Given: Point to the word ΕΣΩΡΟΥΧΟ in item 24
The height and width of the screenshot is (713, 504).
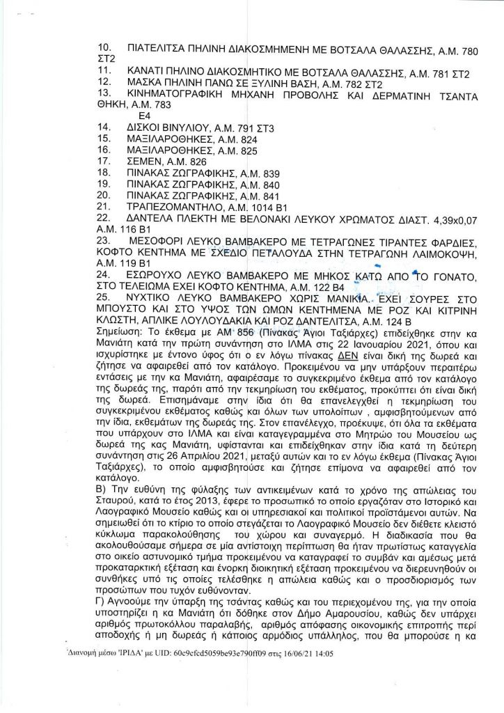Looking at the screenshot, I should tap(161, 277).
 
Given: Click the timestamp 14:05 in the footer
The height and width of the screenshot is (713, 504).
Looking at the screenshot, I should tap(324, 655).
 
